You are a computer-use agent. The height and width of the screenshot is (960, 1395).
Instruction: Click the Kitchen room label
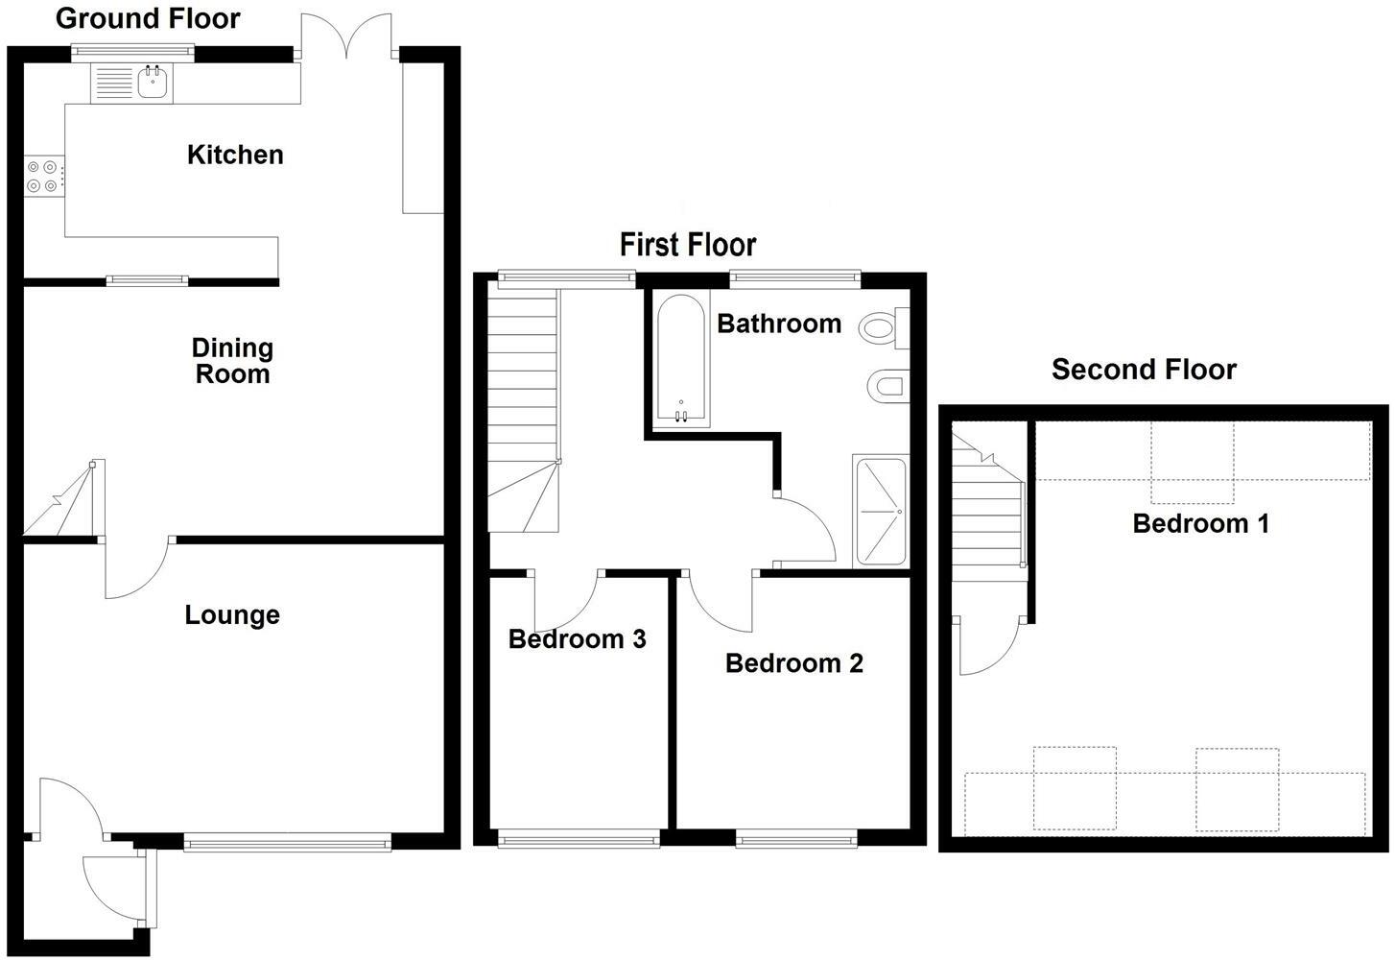pos(235,155)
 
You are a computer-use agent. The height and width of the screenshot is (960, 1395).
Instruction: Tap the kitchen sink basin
pos(154,83)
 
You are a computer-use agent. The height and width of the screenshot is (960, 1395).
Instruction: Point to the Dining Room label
pos(232,361)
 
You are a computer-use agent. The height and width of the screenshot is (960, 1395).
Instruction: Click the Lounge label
pos(232,614)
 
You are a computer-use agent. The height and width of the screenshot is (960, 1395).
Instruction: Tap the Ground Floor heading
pos(148,18)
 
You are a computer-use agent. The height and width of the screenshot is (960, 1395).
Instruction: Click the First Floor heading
pos(688,245)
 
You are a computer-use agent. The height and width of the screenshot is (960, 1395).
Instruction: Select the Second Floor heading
pos(1144,370)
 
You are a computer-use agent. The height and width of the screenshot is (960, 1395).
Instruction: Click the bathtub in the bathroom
pos(682,360)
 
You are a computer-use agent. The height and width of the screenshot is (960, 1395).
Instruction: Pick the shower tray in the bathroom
pos(880,512)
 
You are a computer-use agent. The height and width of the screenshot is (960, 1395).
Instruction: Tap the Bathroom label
pos(779,324)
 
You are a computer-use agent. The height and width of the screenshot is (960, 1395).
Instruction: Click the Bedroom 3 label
pos(577,639)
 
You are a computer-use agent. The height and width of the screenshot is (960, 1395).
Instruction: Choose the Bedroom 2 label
pos(794,663)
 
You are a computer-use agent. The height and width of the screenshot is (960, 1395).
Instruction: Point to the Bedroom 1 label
pos(1200,523)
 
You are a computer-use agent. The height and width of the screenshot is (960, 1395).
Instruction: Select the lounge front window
pos(288,844)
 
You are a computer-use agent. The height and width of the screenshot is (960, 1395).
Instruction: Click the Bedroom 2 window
pos(796,841)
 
